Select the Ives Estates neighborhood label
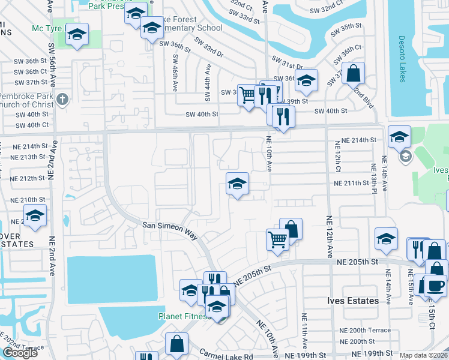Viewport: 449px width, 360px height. click(353, 301)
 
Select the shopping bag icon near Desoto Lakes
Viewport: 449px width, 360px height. click(354, 74)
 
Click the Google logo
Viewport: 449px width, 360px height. click(20, 353)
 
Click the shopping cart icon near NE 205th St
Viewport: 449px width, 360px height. click(277, 239)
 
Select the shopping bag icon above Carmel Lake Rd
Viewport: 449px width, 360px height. click(177, 344)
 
